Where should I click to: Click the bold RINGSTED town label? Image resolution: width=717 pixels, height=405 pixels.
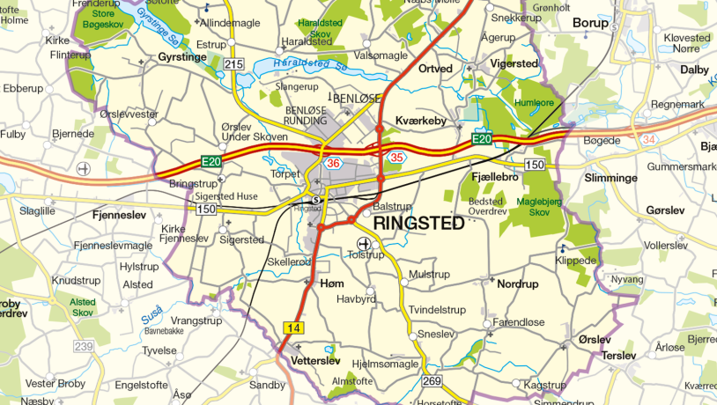418,224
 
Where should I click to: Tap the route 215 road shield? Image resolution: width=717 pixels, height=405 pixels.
233,64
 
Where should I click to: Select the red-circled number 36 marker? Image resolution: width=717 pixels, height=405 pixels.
333,164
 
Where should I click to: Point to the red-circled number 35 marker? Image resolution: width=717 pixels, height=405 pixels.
397,158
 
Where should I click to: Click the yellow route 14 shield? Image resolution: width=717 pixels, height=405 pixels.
292,328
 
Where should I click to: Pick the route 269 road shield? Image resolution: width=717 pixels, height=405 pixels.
432,381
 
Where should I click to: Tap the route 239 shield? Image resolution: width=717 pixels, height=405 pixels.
84,347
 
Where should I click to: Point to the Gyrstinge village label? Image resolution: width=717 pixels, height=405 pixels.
181,55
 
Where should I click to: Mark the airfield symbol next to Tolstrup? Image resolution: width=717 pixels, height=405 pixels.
363,243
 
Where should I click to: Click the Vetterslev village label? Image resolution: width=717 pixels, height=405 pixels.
315,361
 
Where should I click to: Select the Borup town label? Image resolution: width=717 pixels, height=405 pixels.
590,23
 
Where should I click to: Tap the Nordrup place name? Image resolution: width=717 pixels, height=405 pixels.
517,284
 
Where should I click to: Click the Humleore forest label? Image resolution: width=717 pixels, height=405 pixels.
532,102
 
